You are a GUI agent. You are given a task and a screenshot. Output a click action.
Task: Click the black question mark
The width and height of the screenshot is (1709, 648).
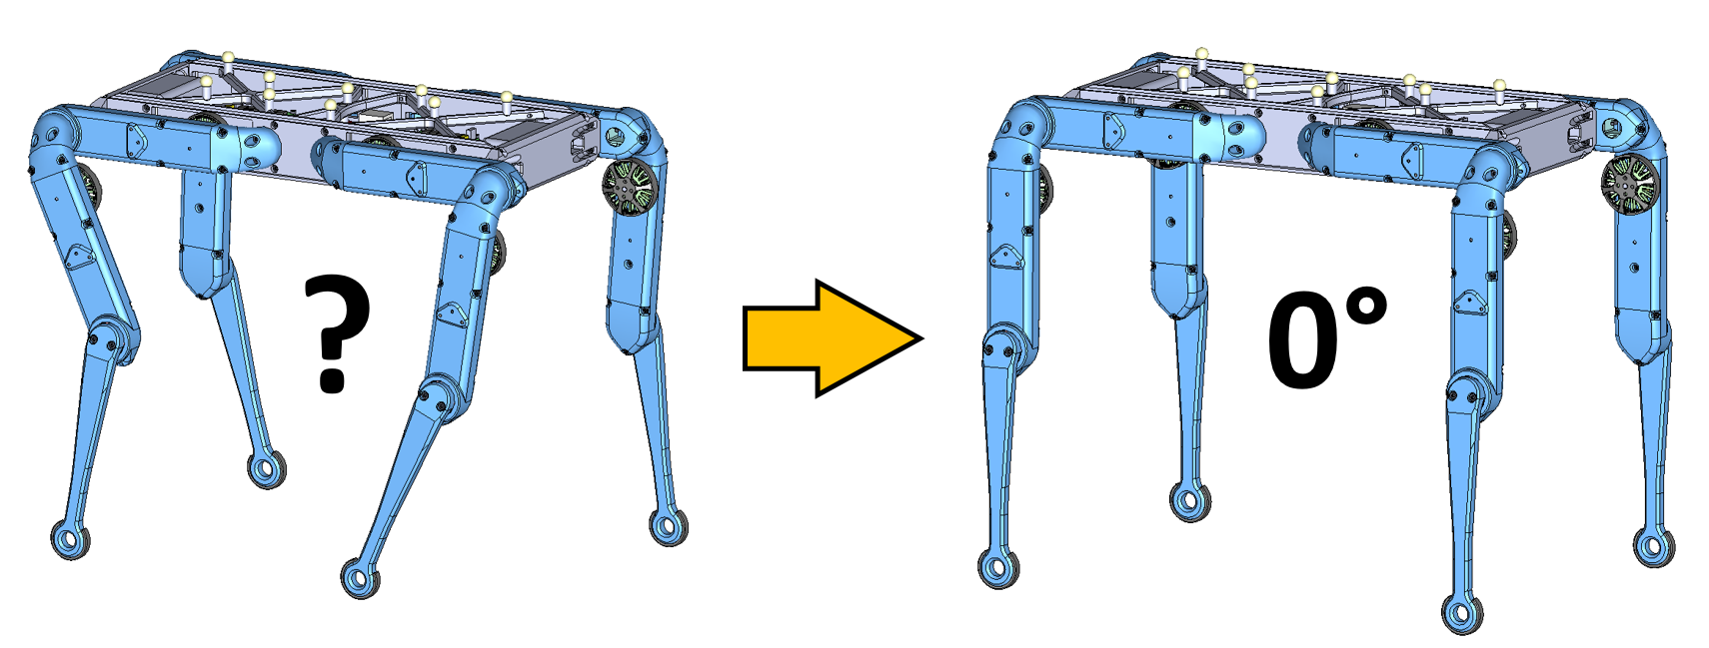(336, 333)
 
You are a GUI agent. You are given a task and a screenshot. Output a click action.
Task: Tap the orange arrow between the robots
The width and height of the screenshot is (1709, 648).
(833, 338)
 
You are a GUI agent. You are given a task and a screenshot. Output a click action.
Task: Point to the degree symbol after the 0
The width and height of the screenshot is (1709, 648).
(1365, 308)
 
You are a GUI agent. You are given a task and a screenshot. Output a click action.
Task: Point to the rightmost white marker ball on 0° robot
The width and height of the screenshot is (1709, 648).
(1499, 85)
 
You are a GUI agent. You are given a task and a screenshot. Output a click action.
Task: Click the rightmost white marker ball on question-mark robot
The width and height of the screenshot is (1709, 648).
(507, 97)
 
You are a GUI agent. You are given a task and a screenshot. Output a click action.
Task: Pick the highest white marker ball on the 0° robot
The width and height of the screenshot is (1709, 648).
(1201, 53)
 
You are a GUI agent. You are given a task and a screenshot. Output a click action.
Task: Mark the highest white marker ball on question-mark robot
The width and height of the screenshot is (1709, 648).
(227, 57)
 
